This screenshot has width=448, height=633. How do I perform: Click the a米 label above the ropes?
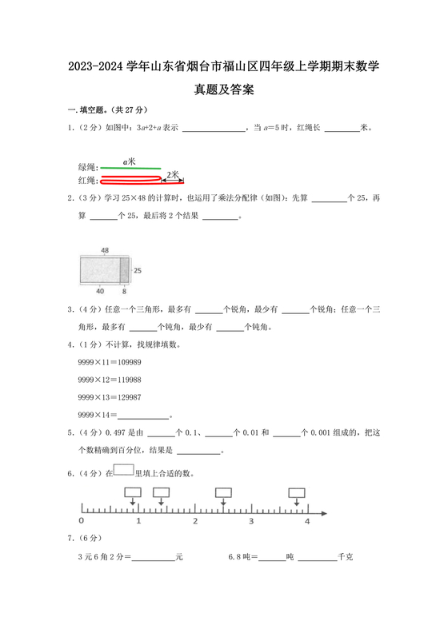click(128, 161)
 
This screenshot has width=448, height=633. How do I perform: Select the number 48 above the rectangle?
click(105, 251)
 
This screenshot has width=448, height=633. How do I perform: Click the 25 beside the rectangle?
click(136, 271)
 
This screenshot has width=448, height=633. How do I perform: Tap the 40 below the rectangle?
click(99, 291)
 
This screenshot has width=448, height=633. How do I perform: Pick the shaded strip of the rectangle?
click(124, 271)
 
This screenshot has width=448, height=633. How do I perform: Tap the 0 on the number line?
click(81, 520)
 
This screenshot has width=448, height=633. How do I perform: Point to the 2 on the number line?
click(194, 520)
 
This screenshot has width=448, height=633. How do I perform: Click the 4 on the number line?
click(307, 520)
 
